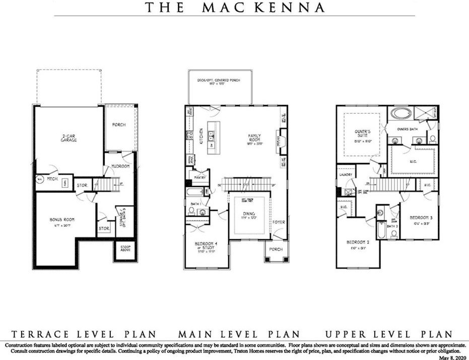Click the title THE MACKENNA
[x=235, y=8]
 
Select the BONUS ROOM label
[x=62, y=220]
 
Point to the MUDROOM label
[x=120, y=166]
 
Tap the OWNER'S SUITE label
[x=362, y=134]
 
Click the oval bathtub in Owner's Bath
[x=401, y=113]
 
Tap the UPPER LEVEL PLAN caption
[x=388, y=334]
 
